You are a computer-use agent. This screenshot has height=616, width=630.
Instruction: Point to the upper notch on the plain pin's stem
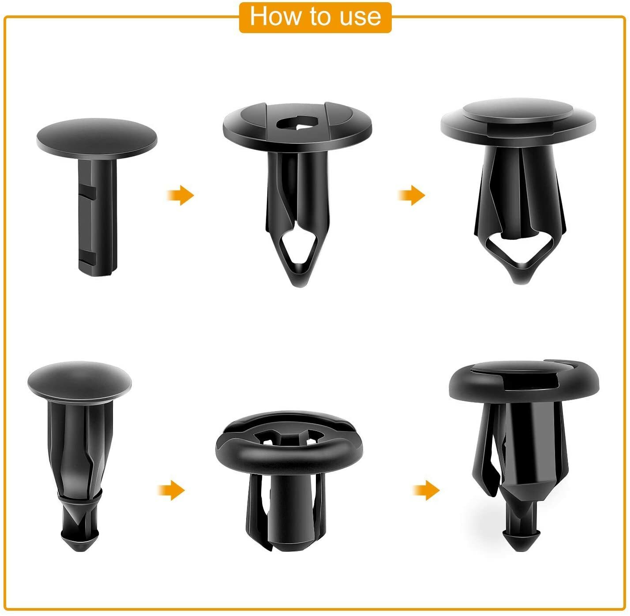coord(90,193)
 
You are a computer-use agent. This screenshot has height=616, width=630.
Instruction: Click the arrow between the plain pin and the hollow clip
coord(180,195)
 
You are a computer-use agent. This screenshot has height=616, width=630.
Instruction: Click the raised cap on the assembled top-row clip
coord(518,110)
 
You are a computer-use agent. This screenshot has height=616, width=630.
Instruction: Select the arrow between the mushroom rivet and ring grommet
coord(171,490)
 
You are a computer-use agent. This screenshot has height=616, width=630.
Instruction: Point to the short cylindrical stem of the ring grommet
coord(289,503)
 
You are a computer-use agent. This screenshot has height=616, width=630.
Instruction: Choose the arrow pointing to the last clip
coord(426,490)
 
